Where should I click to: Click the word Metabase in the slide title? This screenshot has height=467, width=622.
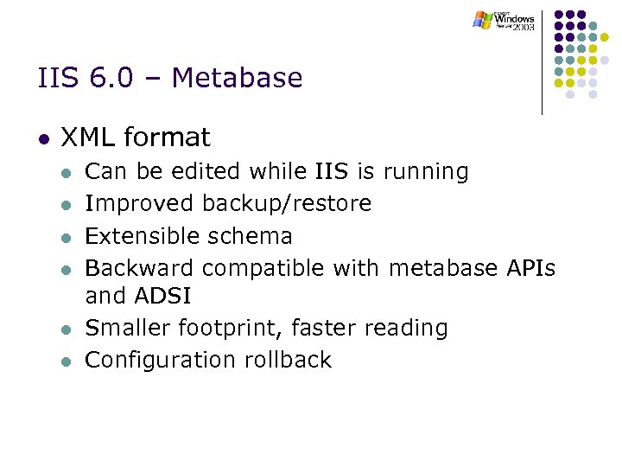(x=238, y=79)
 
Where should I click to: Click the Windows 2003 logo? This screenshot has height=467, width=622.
(x=505, y=20)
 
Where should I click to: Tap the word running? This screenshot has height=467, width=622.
(x=425, y=171)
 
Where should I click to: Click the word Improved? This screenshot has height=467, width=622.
(x=140, y=204)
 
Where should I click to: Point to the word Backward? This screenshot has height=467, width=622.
(x=140, y=268)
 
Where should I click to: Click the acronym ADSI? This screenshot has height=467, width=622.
(x=163, y=297)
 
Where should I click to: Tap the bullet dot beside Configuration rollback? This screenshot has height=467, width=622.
(x=65, y=361)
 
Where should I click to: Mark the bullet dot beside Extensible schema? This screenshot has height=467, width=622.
(x=65, y=238)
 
